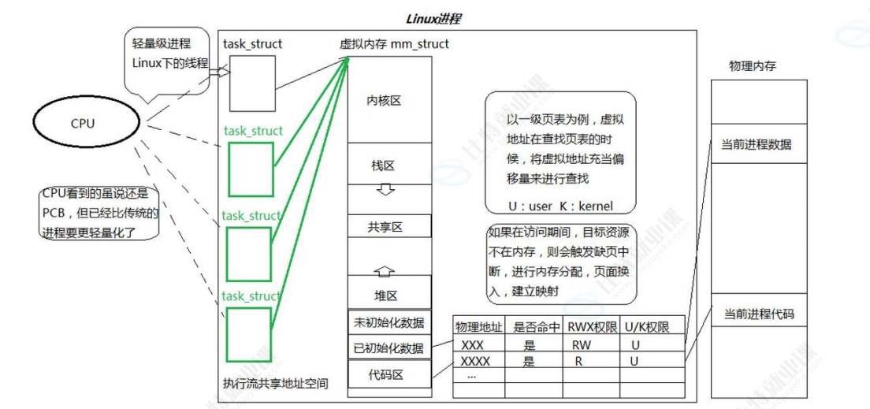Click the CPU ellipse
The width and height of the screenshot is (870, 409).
point(83,123)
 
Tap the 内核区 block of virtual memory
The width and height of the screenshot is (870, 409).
point(389,101)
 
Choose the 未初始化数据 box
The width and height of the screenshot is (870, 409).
point(389,322)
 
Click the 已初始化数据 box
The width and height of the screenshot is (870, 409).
point(389,347)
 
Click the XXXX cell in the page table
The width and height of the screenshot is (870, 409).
point(475,362)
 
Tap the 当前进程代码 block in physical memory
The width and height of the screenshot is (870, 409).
point(758,314)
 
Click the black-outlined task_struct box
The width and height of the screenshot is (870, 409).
point(251,84)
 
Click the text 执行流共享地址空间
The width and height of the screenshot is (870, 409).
point(275,384)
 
